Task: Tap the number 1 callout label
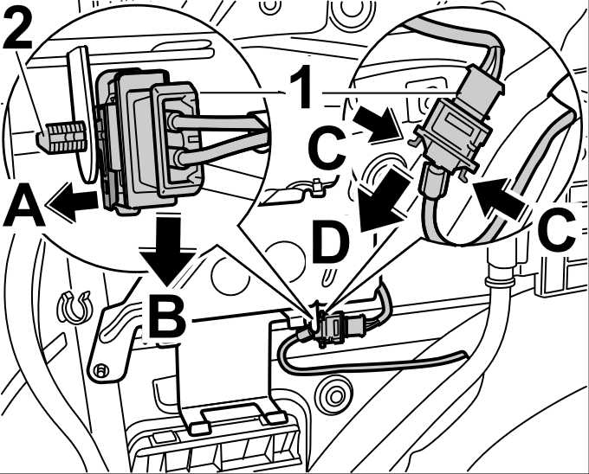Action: pos(301,88)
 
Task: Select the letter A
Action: pos(23,208)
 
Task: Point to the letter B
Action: pos(166,316)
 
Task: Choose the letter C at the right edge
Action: pos(553,230)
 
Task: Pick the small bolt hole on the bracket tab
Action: pos(101,371)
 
